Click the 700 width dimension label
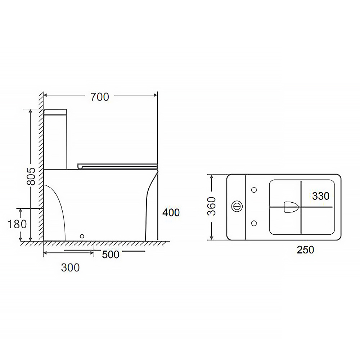pos(100,97)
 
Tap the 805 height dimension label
pos(31,176)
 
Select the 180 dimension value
pos(17,224)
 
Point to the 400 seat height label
pos(171,213)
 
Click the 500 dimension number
pos(111,255)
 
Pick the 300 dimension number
pos(70,268)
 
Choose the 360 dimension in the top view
pos(212,206)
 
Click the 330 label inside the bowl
pos(321,196)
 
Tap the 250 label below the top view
pos(305,250)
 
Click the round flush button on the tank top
pos(237,206)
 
